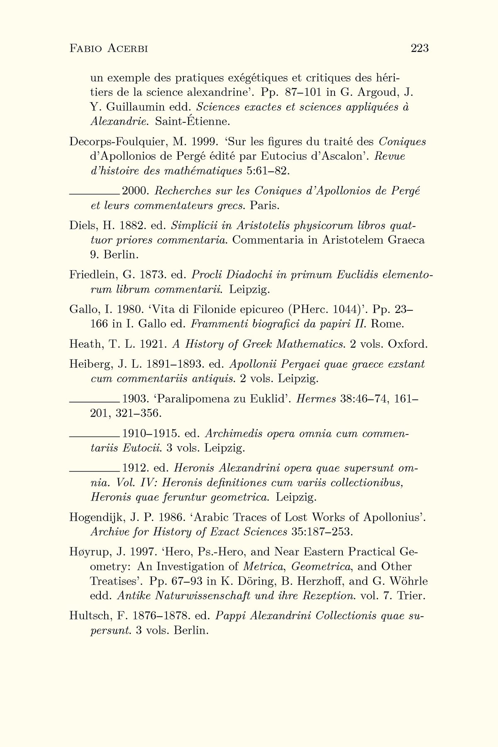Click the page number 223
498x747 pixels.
pos(419,49)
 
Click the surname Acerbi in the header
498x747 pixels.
pos(126,49)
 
